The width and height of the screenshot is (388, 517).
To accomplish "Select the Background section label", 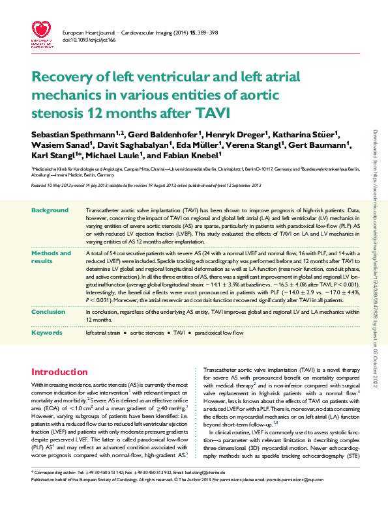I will coord(50,211).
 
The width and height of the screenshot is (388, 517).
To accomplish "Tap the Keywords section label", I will coord(48,333).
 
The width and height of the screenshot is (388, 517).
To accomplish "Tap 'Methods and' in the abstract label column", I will coord(52,253).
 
